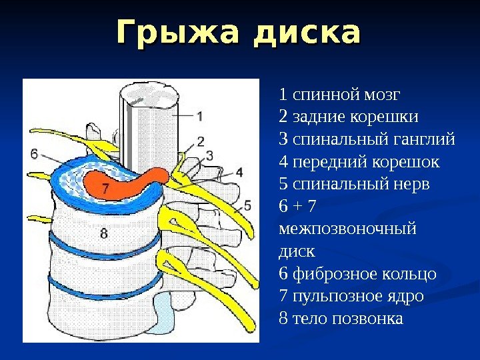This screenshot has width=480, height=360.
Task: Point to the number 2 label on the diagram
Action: pos(200,141)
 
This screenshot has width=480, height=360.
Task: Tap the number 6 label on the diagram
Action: pos(33,153)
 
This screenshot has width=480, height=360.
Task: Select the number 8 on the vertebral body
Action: pos(103,233)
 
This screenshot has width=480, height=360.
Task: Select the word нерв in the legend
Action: pos(413,183)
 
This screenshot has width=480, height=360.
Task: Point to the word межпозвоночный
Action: pos(346,229)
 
